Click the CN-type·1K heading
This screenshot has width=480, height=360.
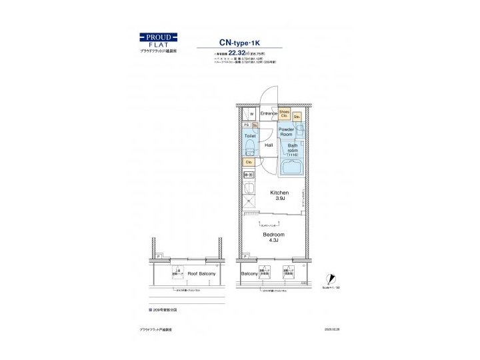(x=245, y=40)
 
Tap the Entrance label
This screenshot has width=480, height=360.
(x=269, y=113)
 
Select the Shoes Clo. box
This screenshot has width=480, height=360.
(x=284, y=113)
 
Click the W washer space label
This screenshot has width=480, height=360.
(x=251, y=114)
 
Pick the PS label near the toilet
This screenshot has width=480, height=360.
(x=246, y=125)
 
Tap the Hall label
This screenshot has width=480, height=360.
(x=269, y=145)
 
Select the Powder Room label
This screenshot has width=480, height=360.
(x=286, y=132)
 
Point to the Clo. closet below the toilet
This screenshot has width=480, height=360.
(x=249, y=161)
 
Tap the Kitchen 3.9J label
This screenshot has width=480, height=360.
(x=278, y=195)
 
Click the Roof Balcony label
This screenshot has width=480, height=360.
(x=200, y=274)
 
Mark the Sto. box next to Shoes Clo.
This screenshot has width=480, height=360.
(x=297, y=116)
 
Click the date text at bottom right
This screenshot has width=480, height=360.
(x=331, y=329)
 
